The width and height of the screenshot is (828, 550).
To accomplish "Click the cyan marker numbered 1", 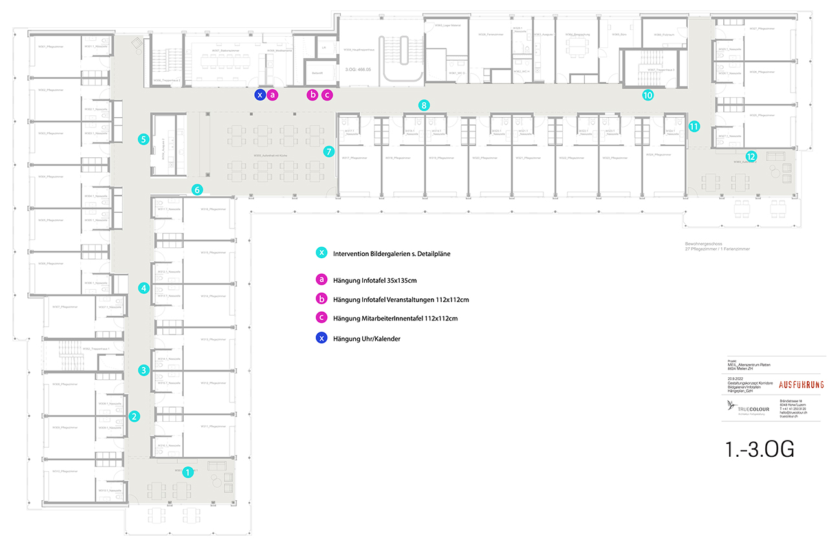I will click(188, 472).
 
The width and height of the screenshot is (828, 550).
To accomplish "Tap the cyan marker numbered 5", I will click(144, 138).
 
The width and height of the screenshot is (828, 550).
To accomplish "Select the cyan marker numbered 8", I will click(424, 104).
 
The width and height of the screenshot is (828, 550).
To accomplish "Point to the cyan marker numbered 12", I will click(750, 156).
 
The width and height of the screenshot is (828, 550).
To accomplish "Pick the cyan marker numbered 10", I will click(648, 95).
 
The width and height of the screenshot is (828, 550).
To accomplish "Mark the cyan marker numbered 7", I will click(329, 152).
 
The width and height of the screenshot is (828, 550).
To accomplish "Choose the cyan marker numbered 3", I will click(144, 371).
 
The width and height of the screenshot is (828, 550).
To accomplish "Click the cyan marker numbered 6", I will click(197, 190).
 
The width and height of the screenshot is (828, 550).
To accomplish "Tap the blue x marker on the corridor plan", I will click(259, 95).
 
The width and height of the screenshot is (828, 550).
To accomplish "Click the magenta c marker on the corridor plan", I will click(327, 95).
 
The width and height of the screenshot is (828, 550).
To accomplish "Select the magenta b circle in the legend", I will click(321, 299).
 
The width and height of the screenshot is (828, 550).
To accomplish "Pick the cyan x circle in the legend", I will click(321, 253).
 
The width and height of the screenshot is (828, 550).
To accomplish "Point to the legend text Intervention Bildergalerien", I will click(391, 254).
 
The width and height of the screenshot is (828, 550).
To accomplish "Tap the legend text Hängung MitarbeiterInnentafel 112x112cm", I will click(395, 318).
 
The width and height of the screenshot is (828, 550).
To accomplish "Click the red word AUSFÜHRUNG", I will click(801, 384).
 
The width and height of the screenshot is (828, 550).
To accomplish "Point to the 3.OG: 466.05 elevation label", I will click(360, 68).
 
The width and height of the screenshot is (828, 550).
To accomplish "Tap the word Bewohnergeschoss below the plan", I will click(703, 243).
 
